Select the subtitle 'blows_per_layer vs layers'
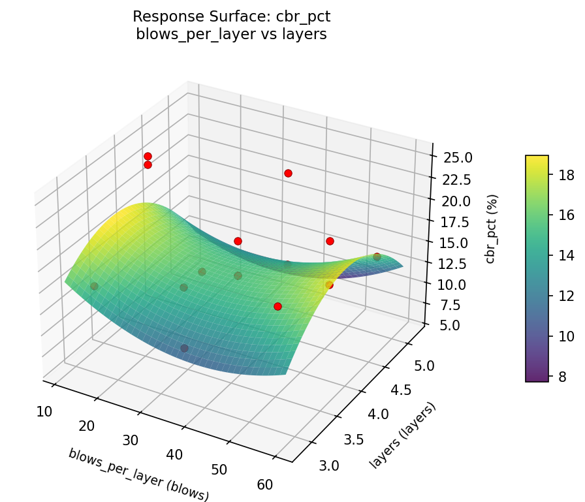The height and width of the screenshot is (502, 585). click(x=231, y=35)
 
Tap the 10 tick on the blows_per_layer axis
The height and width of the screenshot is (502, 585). click(x=44, y=411)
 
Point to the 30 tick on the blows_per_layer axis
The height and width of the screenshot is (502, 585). click(x=131, y=440)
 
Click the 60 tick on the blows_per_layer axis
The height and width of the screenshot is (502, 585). click(x=264, y=484)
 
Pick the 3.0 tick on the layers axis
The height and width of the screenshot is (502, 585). click(x=330, y=465)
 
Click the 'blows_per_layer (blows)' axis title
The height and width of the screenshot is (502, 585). click(x=138, y=475)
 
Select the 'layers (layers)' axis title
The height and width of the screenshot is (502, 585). click(x=402, y=435)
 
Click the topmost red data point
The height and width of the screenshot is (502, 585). click(x=148, y=156)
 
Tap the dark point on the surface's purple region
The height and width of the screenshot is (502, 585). click(x=184, y=348)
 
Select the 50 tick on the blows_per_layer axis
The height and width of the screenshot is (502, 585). click(x=219, y=469)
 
